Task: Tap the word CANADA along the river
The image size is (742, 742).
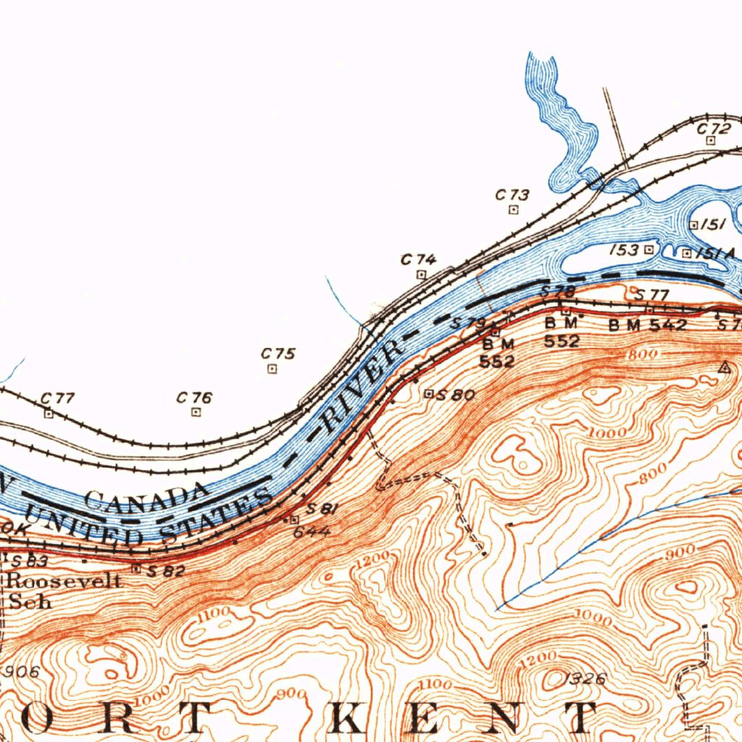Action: click(x=145, y=497)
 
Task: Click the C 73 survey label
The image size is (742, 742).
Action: click(x=512, y=195)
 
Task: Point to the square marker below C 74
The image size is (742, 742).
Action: click(x=421, y=275)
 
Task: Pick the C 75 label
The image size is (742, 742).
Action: click(x=278, y=354)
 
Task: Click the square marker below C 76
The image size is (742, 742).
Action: click(x=196, y=412)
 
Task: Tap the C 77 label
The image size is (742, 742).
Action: click(x=57, y=398)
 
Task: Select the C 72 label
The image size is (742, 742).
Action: click(x=714, y=128)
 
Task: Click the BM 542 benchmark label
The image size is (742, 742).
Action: click(x=647, y=325)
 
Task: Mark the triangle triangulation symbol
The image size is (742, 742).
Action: click(x=722, y=367)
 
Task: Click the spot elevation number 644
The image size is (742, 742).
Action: click(x=312, y=532)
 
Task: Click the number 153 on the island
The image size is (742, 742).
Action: click(x=624, y=250)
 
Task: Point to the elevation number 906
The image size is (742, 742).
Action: click(x=21, y=672)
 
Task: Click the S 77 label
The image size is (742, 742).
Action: click(x=650, y=294)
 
